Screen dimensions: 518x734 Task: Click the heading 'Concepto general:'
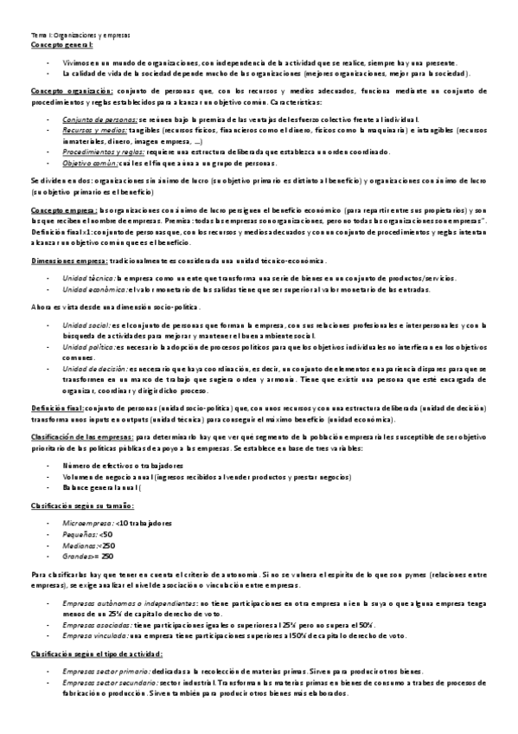pyautogui.click(x=61, y=42)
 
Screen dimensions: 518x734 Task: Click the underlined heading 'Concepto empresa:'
pyautogui.click(x=65, y=209)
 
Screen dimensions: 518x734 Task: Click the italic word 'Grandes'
pyautogui.click(x=77, y=556)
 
